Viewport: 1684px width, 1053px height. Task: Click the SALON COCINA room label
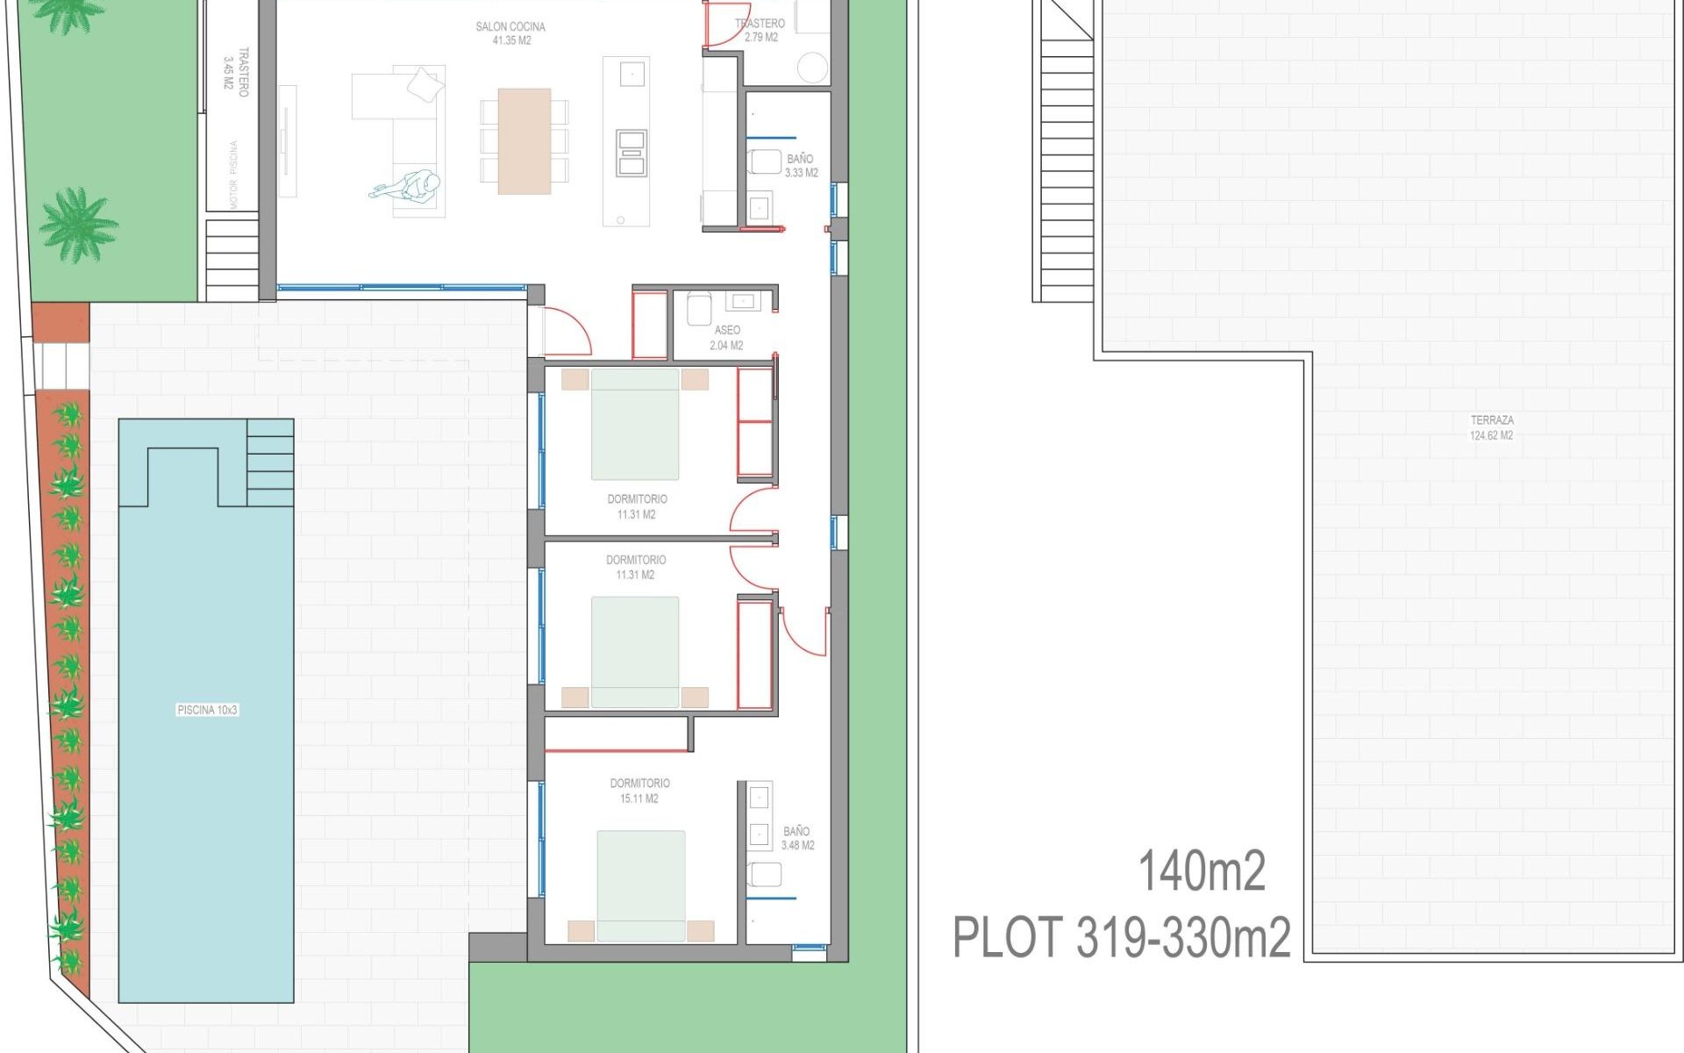pos(510,33)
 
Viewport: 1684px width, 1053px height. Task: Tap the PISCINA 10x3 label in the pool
pos(207,710)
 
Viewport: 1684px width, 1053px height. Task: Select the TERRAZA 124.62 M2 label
pos(1491,428)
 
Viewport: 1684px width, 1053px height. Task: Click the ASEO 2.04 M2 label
pos(726,338)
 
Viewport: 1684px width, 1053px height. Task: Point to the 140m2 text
pos(1201,871)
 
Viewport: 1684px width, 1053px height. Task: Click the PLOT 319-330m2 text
pos(1122,937)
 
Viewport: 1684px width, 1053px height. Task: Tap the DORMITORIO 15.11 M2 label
pos(639,791)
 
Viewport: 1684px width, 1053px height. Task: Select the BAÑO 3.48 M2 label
pos(797,838)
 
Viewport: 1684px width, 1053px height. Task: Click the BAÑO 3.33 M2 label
pos(801,166)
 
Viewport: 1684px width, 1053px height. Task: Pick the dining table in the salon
pos(524,140)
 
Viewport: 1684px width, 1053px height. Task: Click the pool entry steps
pos(270,462)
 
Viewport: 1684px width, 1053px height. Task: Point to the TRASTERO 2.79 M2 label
pos(760,31)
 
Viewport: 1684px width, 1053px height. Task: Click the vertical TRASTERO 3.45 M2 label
pos(236,72)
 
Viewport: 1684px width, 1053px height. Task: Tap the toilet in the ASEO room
pos(699,308)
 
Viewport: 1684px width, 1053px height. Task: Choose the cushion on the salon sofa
pos(425,83)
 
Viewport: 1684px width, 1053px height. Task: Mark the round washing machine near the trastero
pos(813,68)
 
